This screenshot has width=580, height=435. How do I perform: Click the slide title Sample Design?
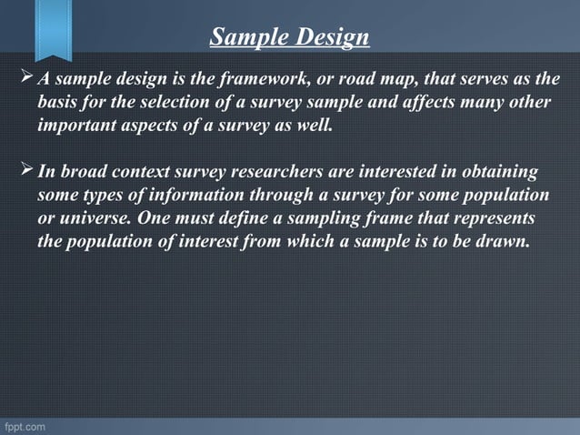coord(290,37)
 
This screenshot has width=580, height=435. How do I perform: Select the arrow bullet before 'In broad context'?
coord(25,172)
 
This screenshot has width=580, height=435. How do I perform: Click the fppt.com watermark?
coord(24,426)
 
